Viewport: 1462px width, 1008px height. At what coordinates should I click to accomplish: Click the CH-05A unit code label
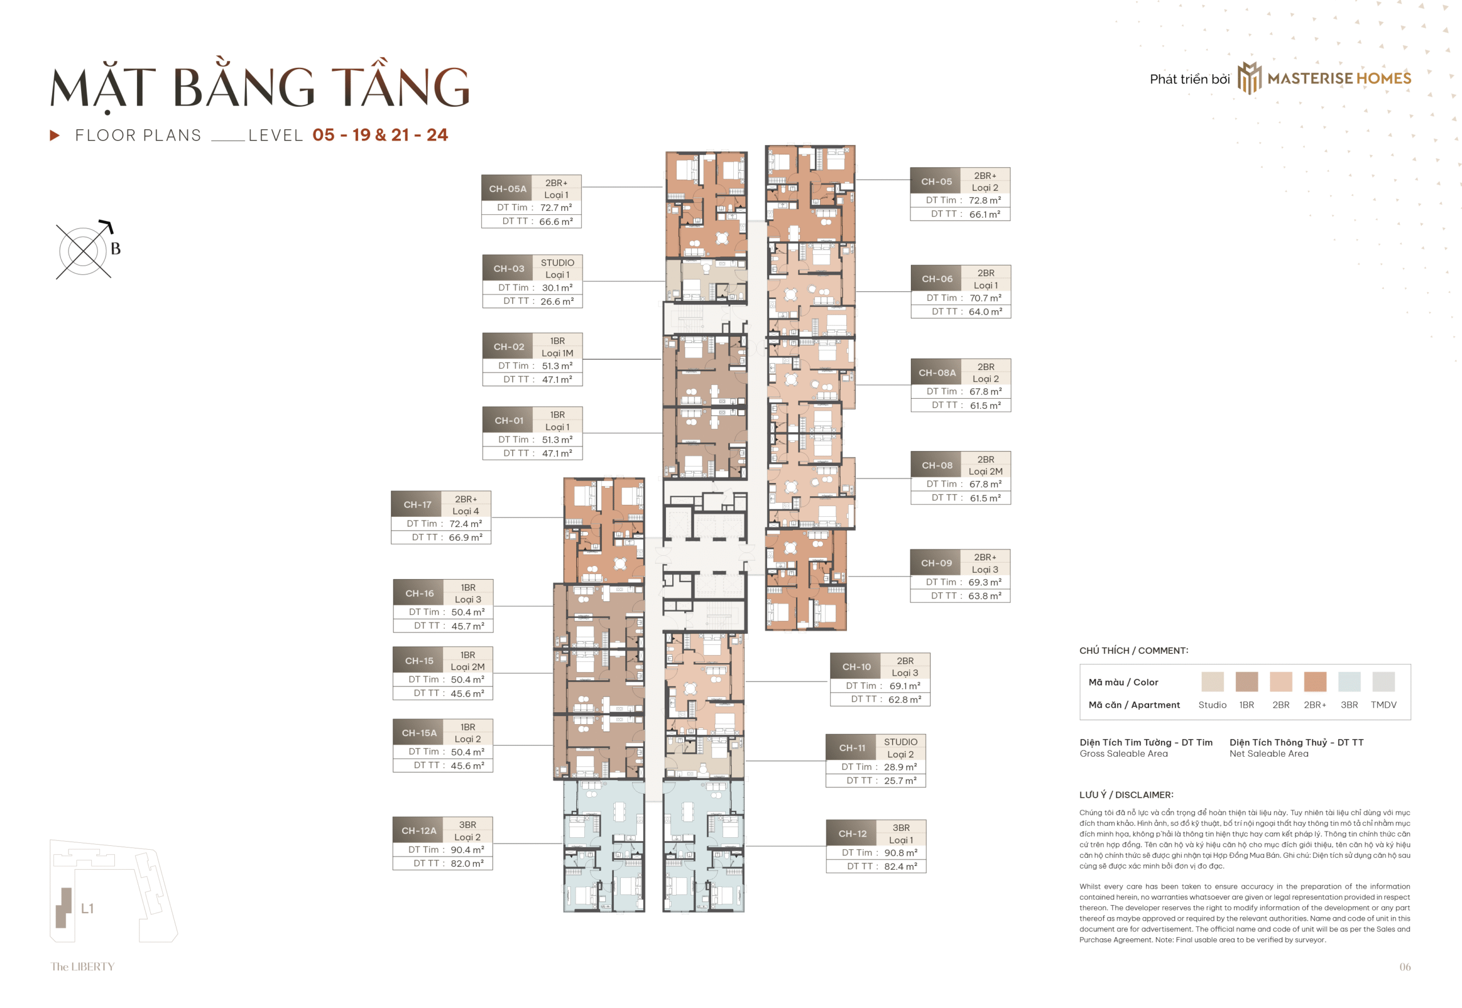[x=507, y=189]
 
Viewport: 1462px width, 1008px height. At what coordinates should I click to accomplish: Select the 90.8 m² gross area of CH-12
[x=900, y=853]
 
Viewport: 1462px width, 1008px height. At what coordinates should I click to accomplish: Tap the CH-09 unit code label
[x=935, y=563]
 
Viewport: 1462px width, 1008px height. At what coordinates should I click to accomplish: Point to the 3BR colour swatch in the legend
[x=1348, y=682]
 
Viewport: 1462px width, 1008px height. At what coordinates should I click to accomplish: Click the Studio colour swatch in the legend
[x=1211, y=682]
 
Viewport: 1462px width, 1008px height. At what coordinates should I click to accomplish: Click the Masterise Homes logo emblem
[x=1248, y=78]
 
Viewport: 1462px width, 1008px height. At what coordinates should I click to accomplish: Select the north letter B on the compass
[x=115, y=249]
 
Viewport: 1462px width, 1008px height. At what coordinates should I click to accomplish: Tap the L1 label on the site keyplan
[x=87, y=908]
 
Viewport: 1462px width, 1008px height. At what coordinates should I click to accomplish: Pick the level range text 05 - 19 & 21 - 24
[x=380, y=135]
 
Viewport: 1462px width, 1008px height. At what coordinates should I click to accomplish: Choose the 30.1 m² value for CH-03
[x=556, y=287]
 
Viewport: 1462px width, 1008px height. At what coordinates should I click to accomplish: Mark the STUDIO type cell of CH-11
[x=900, y=741]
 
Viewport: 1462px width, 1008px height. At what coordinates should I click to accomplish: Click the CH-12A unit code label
[x=418, y=830]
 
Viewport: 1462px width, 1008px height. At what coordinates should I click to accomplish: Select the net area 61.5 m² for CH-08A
[x=985, y=405]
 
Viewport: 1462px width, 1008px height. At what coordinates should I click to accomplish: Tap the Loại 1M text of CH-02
[x=556, y=353]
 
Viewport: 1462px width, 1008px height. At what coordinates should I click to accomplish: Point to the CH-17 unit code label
[x=417, y=505]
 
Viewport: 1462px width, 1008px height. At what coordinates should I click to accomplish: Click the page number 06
[x=1404, y=966]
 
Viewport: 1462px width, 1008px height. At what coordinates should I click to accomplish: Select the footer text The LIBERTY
[x=82, y=966]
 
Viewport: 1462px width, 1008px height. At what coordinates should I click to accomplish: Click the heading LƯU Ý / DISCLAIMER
[x=1126, y=794]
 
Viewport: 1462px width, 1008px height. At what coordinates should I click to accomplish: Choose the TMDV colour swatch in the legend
[x=1383, y=682]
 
